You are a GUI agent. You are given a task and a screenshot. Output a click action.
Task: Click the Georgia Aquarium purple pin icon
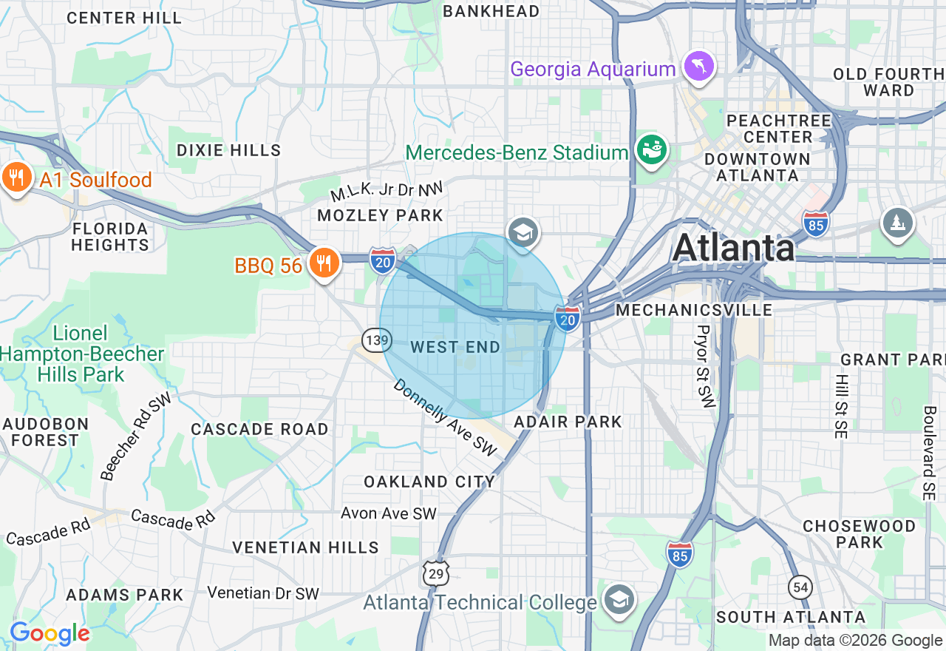[698, 66]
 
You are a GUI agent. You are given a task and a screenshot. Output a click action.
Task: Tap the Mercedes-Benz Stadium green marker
[651, 150]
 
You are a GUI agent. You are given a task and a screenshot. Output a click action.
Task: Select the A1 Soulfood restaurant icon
[16, 178]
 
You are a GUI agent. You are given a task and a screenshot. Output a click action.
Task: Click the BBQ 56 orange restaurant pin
[323, 263]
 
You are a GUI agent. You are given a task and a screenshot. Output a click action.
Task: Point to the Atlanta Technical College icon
[617, 600]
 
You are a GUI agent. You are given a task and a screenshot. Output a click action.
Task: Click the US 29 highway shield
[435, 572]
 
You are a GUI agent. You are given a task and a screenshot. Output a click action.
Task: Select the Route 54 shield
[800, 588]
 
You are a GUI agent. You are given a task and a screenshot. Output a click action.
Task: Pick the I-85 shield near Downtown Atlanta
[815, 223]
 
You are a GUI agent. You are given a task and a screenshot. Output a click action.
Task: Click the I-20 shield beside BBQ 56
[383, 260]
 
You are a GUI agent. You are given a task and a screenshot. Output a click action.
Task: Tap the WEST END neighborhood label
[455, 347]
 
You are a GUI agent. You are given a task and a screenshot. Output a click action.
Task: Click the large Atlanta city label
[734, 247]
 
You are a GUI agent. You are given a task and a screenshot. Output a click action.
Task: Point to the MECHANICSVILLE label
[694, 310]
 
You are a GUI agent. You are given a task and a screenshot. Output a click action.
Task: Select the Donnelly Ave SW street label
[445, 417]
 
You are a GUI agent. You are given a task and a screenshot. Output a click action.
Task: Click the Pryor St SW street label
[703, 366]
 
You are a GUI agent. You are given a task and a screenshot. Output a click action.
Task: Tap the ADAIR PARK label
[568, 422]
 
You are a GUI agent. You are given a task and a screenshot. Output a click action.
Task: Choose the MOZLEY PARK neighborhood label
[380, 215]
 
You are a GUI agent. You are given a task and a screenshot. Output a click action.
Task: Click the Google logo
[50, 633]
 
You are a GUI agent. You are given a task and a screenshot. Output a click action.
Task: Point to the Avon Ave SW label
[388, 513]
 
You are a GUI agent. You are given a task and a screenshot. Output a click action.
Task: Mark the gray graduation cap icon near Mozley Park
[523, 232]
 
